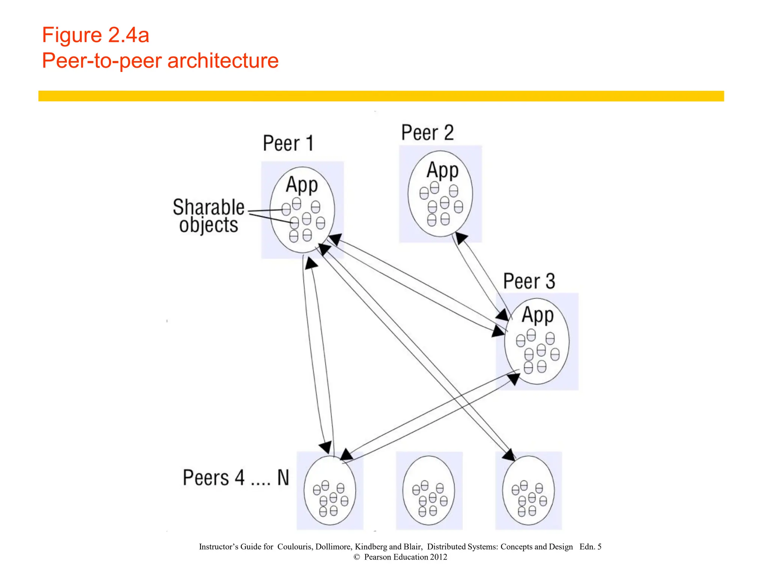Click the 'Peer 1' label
(x=288, y=143)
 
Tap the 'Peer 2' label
(x=427, y=133)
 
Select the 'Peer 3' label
(x=529, y=281)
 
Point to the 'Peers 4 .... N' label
(x=236, y=478)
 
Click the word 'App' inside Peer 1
(x=302, y=185)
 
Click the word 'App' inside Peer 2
(x=442, y=170)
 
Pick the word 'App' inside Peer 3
(x=537, y=315)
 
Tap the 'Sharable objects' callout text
(x=208, y=216)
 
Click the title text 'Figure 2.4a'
(x=95, y=35)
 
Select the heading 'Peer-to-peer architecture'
(x=160, y=60)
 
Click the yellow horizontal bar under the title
(x=381, y=96)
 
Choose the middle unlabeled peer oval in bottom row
(x=428, y=490)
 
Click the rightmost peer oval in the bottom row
(x=528, y=490)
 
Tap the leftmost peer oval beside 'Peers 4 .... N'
(x=329, y=490)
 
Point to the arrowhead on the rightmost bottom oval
(x=509, y=455)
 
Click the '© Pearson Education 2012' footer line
(x=400, y=557)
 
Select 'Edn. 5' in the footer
(x=590, y=547)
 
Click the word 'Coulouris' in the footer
(x=294, y=547)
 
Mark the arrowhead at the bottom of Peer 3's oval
(x=513, y=379)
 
